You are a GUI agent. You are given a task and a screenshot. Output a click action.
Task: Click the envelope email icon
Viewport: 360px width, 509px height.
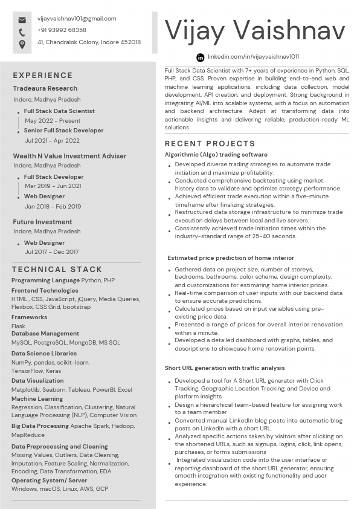point(22,20)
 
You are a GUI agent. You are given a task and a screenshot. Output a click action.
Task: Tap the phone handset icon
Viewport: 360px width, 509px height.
point(22,32)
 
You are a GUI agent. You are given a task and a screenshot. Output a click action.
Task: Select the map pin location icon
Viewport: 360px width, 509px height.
point(22,44)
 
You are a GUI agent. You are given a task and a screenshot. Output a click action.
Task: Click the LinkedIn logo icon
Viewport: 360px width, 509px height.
point(201,57)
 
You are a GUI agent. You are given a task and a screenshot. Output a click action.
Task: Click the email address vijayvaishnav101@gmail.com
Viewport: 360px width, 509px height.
point(77,19)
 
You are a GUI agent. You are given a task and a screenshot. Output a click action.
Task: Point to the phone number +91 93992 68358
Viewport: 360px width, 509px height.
point(62,30)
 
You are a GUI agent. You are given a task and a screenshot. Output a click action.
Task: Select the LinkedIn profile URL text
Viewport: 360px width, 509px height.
point(253,57)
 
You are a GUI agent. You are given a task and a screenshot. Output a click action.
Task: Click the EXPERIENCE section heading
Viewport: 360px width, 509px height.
point(43,76)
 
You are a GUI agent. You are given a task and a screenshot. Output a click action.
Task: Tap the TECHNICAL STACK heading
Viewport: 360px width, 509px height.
point(57,270)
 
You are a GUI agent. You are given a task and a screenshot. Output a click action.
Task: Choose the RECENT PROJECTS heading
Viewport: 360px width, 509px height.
point(210,144)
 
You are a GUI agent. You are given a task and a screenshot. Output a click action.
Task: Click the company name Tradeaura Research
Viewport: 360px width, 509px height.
point(45,89)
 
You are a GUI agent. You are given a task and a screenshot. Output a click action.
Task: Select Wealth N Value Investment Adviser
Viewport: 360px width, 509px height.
point(69,156)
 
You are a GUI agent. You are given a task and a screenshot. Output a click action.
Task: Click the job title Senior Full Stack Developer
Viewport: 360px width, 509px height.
point(63,131)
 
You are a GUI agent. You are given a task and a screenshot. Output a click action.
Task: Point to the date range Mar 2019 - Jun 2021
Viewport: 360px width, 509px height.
point(53,186)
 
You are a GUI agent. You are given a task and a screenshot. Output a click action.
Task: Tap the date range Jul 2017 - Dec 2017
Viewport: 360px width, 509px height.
point(52,252)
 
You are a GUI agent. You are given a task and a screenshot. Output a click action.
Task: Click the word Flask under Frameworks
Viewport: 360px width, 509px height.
point(18,326)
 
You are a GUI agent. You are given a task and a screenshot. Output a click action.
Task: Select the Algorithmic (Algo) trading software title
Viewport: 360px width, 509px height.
point(216,155)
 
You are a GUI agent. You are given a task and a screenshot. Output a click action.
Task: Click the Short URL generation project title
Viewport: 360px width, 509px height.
point(225,368)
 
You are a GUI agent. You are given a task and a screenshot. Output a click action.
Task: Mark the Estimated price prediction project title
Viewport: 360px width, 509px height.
point(231,258)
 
